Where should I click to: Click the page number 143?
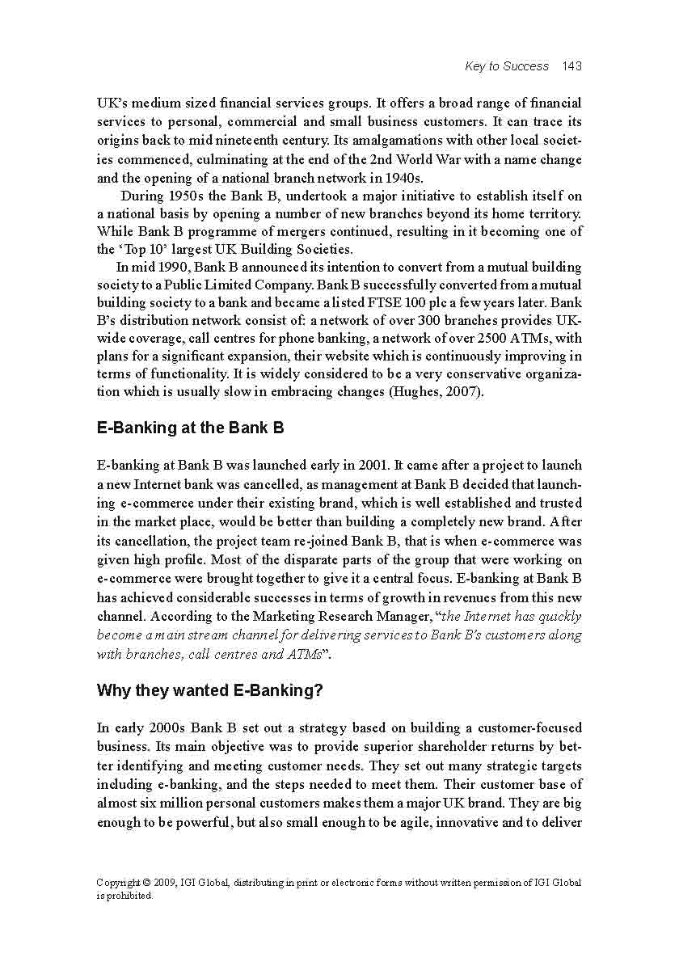[571, 66]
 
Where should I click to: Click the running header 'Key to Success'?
[507, 66]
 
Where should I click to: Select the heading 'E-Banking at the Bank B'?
[190, 428]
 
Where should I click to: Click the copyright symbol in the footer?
[142, 883]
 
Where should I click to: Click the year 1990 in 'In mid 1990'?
[167, 267]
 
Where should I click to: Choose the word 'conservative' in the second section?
[460, 373]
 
